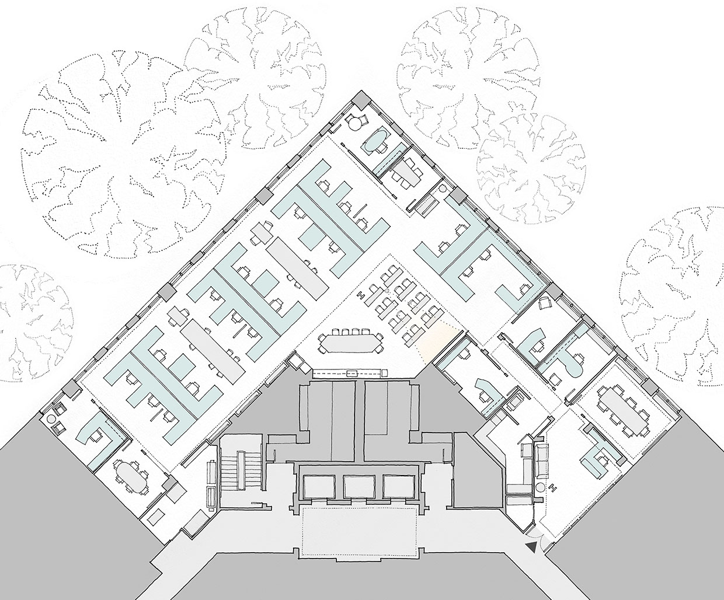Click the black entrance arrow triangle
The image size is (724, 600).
[x=531, y=546]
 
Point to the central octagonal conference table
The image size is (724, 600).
[x=350, y=342]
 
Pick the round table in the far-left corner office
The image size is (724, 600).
[x=51, y=418]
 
